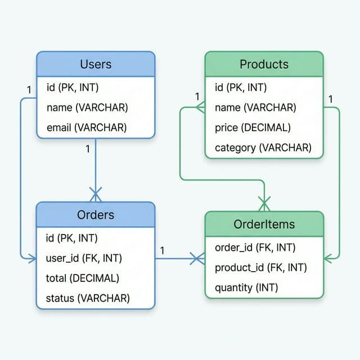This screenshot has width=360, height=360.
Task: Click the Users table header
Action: coord(96,64)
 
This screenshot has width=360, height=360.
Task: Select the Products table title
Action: coord(264,64)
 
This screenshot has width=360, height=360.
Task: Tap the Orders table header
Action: coord(96,214)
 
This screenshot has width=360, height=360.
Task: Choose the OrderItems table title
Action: coord(264,224)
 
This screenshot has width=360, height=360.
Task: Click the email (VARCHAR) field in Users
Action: coord(87,128)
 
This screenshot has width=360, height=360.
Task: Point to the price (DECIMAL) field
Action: coord(253,128)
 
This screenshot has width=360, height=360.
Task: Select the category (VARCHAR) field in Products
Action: coord(263,148)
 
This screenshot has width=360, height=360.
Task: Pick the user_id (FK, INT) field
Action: coord(84,258)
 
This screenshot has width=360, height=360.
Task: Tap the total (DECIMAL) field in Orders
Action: coord(82,278)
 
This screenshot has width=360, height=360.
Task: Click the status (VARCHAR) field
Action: coord(88,298)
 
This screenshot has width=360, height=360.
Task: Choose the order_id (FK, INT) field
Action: coord(255,247)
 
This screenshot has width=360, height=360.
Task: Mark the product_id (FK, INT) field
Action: coord(260,268)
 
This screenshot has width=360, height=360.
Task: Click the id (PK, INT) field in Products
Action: coord(241,87)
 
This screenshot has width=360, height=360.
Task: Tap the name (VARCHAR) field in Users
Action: coord(87,107)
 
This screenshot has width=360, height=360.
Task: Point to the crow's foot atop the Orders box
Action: coord(96,195)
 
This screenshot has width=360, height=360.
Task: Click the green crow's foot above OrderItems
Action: coord(264,201)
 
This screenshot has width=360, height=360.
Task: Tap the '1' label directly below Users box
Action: coord(87,149)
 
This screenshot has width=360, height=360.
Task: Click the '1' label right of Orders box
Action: coord(162,249)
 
